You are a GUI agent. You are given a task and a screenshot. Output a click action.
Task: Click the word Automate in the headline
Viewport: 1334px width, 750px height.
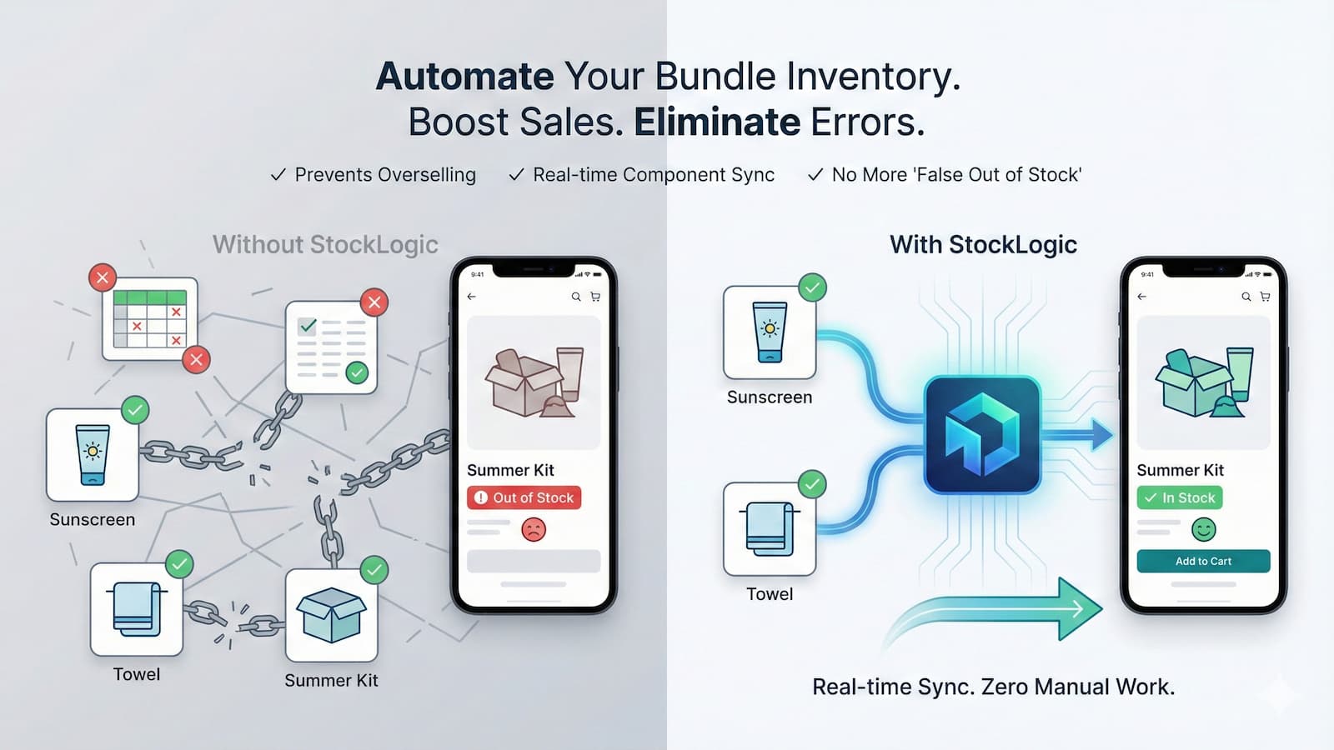(465, 77)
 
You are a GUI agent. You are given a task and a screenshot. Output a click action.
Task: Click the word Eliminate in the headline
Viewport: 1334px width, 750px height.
(717, 122)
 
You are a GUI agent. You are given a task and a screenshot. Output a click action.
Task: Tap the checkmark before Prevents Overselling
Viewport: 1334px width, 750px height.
(278, 175)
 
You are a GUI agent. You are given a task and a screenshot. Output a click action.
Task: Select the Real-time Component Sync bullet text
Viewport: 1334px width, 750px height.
(654, 175)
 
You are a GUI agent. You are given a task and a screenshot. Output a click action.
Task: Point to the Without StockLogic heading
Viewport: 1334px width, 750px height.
(325, 245)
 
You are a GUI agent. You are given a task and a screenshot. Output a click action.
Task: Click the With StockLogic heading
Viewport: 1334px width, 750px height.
(983, 245)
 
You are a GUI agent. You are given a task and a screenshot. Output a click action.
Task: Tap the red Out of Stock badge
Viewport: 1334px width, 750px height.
(524, 497)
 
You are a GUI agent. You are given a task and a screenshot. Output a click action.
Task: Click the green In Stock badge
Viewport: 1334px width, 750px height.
(1180, 497)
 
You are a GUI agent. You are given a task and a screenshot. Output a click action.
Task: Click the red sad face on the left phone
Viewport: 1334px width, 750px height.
(534, 529)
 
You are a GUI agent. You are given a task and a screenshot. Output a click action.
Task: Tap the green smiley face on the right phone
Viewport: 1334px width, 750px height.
(1203, 529)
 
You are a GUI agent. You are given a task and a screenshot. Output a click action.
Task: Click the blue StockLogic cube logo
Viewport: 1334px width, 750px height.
(982, 435)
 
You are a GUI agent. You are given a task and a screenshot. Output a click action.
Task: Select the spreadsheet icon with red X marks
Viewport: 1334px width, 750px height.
(150, 319)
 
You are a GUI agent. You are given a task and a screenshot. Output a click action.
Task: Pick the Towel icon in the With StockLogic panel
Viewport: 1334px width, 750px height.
(769, 529)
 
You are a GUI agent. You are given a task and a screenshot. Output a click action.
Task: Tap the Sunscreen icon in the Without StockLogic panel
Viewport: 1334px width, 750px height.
(92, 454)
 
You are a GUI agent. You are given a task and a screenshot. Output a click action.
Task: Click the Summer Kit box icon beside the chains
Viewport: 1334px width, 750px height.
(331, 615)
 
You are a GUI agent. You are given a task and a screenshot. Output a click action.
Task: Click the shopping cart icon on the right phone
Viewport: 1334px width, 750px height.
(1265, 297)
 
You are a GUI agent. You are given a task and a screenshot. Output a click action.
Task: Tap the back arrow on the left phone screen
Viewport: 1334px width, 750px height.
(472, 297)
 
